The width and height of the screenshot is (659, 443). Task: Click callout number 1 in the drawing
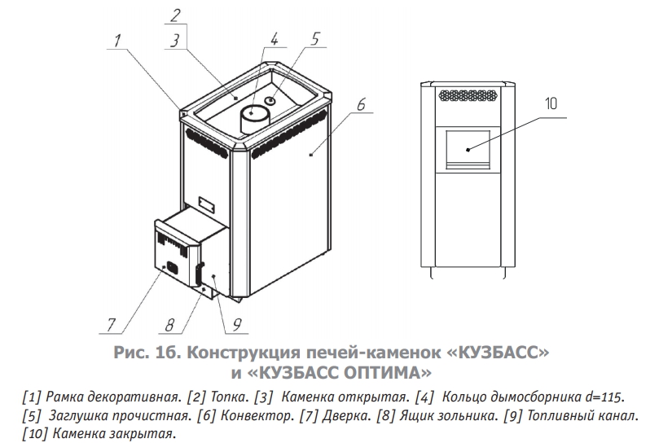(x=117, y=41)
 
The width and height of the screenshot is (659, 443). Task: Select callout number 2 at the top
(x=175, y=15)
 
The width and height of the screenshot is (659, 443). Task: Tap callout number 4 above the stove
(x=274, y=40)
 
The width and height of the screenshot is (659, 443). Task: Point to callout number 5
(x=315, y=38)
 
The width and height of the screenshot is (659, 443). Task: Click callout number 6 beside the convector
(x=361, y=104)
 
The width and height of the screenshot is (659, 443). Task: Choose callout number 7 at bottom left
(x=111, y=325)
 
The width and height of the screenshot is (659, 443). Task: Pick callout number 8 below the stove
(x=169, y=325)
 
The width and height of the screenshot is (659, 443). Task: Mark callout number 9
(x=236, y=325)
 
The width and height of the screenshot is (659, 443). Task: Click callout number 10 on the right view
(x=551, y=103)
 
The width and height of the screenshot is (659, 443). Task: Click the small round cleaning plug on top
(x=270, y=100)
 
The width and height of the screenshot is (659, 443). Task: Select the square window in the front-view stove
(x=468, y=149)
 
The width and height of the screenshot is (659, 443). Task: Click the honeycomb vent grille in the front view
(x=468, y=95)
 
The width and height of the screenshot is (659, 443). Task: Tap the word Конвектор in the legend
(x=257, y=415)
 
